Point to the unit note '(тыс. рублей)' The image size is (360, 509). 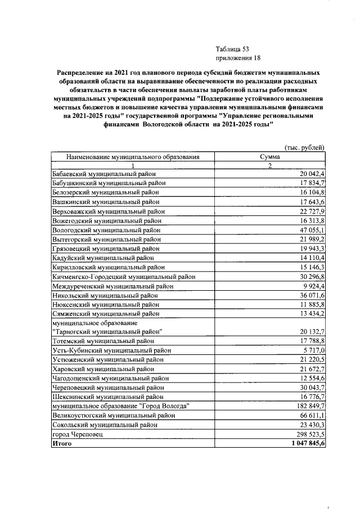pos(305,147)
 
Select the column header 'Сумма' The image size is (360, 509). pos(269,157)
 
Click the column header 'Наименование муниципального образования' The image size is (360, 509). pos(133,157)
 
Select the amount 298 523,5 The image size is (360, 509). pos(309,434)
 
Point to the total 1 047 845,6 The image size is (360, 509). pos(305,443)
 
